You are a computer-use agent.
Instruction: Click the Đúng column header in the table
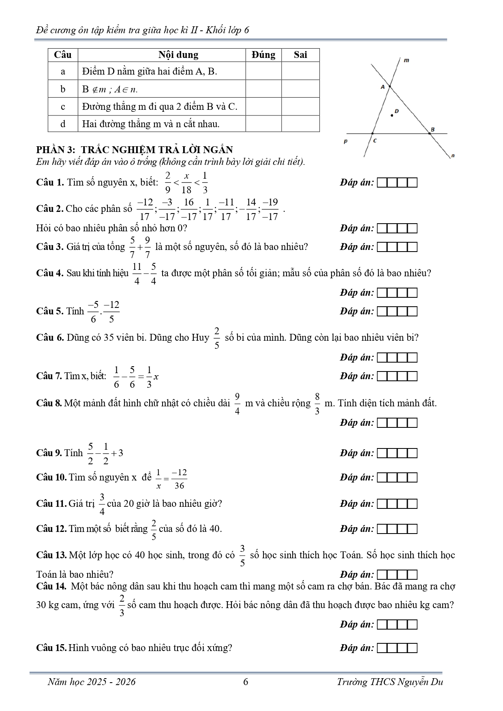(x=263, y=55)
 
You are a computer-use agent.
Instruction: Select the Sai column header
(x=300, y=55)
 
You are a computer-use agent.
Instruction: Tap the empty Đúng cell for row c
(x=263, y=107)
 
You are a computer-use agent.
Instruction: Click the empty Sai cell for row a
(x=300, y=71)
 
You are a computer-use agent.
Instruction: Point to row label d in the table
(x=63, y=124)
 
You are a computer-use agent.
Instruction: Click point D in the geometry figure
(x=392, y=115)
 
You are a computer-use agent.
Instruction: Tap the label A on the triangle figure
(x=382, y=87)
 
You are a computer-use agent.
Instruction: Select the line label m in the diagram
(x=407, y=60)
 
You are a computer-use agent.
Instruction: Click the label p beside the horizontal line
(x=345, y=142)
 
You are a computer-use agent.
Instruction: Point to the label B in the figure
(x=432, y=129)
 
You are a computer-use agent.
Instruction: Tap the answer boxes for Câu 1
(x=397, y=183)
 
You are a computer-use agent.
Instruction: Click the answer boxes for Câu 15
(x=397, y=648)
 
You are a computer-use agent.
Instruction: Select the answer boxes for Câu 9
(x=397, y=453)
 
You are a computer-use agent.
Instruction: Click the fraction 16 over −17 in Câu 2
(x=189, y=209)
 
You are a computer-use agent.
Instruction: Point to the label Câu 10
(x=51, y=477)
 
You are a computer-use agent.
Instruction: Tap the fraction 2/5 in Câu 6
(x=217, y=338)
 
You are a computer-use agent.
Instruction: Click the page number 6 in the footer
(x=246, y=682)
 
